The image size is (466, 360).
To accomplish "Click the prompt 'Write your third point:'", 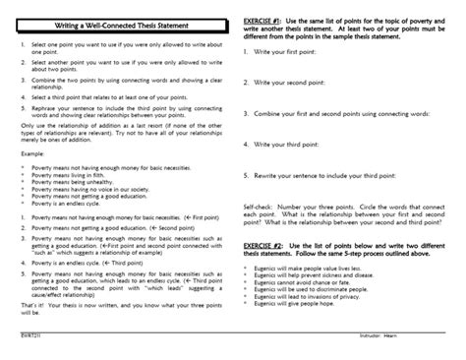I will coord(289,145).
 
